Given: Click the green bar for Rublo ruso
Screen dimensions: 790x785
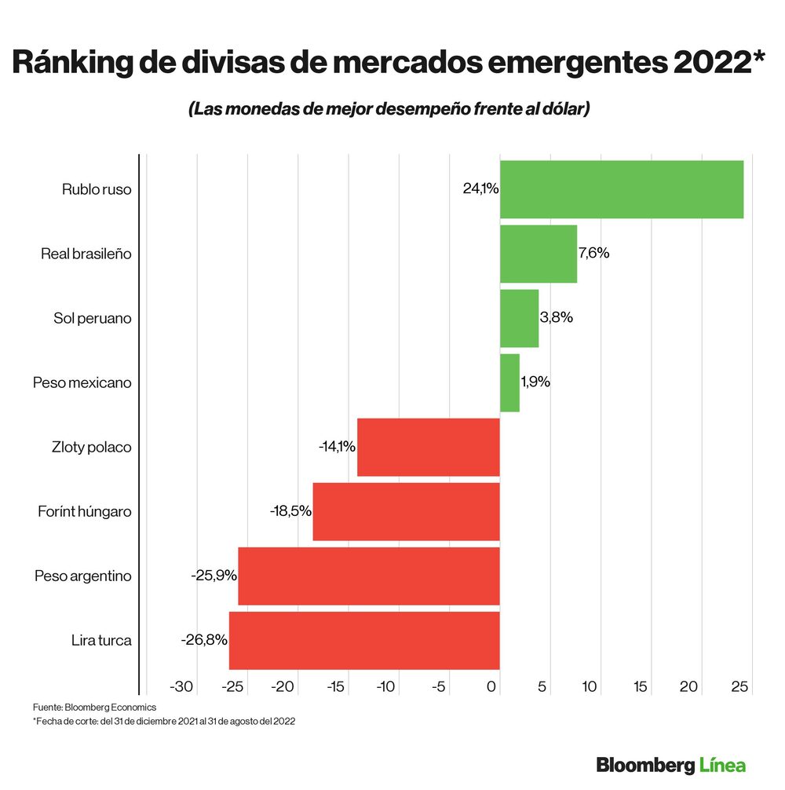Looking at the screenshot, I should (621, 189).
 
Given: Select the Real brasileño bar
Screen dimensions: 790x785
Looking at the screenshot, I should (539, 254).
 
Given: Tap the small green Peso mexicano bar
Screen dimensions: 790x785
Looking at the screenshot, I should (509, 382).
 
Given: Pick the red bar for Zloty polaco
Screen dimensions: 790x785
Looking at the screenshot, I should (429, 447).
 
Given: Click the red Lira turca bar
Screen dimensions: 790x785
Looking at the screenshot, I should (364, 640).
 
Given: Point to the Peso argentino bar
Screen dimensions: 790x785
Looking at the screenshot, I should (369, 576).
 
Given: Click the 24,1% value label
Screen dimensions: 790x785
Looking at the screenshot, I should (480, 188).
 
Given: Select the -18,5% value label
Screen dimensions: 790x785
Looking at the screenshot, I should (290, 511).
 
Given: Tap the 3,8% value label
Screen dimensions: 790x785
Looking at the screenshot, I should (557, 318).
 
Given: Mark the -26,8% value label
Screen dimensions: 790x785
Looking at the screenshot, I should (204, 640).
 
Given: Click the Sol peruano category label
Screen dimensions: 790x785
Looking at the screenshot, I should (93, 318).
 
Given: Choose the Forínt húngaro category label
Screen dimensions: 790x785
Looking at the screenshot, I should (85, 511).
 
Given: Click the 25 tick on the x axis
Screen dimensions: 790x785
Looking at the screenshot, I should (739, 687).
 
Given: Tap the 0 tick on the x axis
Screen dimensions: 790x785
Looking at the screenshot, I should (492, 687).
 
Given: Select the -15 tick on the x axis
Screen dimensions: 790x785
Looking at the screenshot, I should (335, 687).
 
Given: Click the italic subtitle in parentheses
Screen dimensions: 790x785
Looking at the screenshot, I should (389, 109).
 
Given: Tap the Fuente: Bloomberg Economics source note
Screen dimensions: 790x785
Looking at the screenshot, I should (95, 707).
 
